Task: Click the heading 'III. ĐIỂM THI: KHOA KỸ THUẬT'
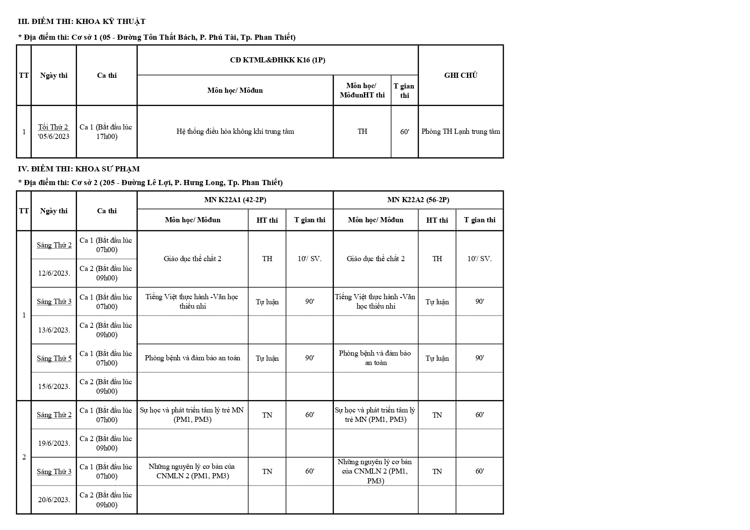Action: tap(82, 21)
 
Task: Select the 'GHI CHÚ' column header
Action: tap(461, 75)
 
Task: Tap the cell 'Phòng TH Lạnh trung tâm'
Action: tap(461, 132)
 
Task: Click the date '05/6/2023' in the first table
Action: tap(54, 137)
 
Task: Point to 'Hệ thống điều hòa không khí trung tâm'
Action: tap(235, 132)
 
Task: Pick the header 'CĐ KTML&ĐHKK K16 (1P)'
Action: tap(278, 60)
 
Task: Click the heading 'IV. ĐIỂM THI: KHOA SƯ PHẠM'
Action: tap(79, 169)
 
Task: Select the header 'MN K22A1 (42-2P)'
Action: tap(235, 200)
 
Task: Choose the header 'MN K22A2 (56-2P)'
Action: tap(418, 200)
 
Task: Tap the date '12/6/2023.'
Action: tap(54, 273)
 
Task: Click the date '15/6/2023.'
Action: tap(54, 386)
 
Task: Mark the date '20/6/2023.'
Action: tap(54, 500)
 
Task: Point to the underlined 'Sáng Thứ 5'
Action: tap(54, 358)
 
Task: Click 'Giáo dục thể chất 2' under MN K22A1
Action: tap(192, 259)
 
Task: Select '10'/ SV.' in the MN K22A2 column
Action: tap(479, 259)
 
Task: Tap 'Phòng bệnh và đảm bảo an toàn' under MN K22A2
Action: tap(375, 358)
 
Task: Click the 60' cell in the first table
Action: tap(405, 132)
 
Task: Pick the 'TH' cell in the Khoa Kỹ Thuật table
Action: tap(362, 132)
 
